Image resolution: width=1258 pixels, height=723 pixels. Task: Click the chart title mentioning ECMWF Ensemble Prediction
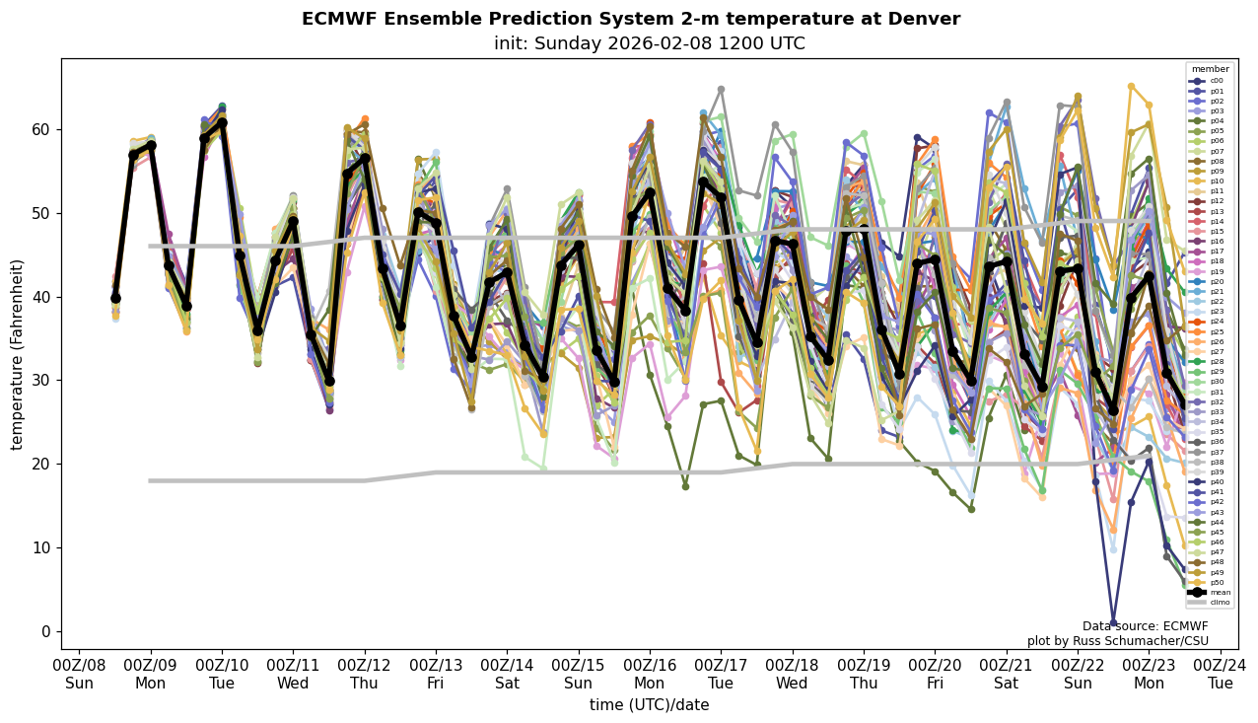630,19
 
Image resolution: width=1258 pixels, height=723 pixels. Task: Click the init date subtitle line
649,43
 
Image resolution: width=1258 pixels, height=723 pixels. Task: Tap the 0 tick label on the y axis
46,631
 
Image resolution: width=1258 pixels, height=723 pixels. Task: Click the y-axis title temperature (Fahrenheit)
17,354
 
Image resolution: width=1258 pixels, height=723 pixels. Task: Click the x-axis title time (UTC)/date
649,704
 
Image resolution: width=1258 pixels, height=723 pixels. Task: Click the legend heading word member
1210,69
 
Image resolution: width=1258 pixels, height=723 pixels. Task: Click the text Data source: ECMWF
1145,626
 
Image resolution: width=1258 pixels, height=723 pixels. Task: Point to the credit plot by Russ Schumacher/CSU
1117,641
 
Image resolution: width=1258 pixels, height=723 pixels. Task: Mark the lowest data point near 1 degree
1113,622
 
